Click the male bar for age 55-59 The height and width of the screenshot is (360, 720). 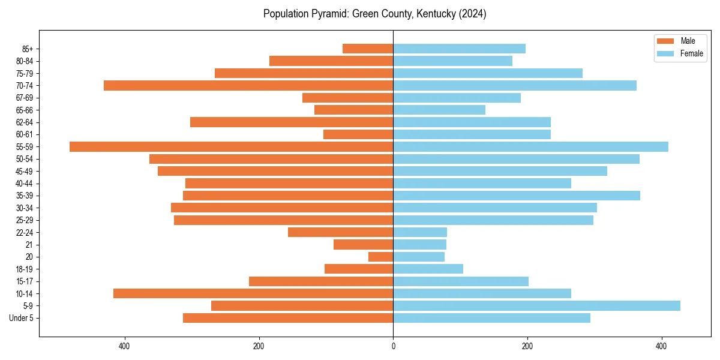pos(231,146)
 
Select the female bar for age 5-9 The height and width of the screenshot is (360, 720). pos(536,305)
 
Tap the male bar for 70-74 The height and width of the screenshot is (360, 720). pos(248,85)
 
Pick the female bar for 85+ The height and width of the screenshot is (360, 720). pos(459,49)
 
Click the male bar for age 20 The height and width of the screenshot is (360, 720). pos(380,257)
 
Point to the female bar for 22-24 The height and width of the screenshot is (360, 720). pos(420,232)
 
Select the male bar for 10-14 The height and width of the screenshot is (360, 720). pos(253,293)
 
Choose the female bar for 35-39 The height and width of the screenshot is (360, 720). pos(517,196)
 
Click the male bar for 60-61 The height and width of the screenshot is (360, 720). pos(358,134)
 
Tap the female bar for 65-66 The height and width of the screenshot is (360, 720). pos(439,110)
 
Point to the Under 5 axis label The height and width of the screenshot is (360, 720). pos(21,318)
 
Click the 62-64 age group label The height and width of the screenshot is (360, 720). pos(25,122)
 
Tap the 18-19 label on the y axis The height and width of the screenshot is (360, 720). pos(25,269)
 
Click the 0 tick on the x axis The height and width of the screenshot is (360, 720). pos(393,346)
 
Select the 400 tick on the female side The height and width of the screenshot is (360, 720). pos(661,346)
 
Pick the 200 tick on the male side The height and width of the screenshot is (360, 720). pos(259,346)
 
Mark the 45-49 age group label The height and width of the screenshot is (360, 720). pos(25,171)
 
